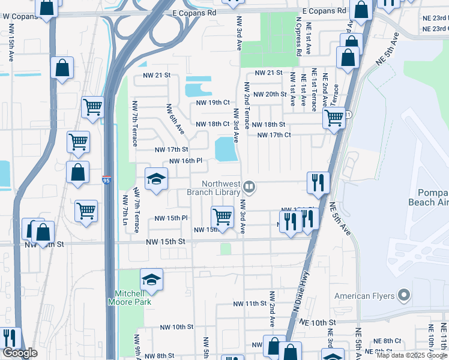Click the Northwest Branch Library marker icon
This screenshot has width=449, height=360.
point(249,189)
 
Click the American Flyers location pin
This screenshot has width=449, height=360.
point(403,295)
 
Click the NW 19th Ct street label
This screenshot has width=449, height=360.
point(213,103)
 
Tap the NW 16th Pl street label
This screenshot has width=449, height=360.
point(188,161)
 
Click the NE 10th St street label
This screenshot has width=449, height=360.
point(315,322)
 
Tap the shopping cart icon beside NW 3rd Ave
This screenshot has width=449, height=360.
point(223,217)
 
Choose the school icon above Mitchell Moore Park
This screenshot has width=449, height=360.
point(151,279)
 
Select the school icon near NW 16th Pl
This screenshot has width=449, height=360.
point(156,179)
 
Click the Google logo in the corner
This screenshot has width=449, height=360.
point(19,353)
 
